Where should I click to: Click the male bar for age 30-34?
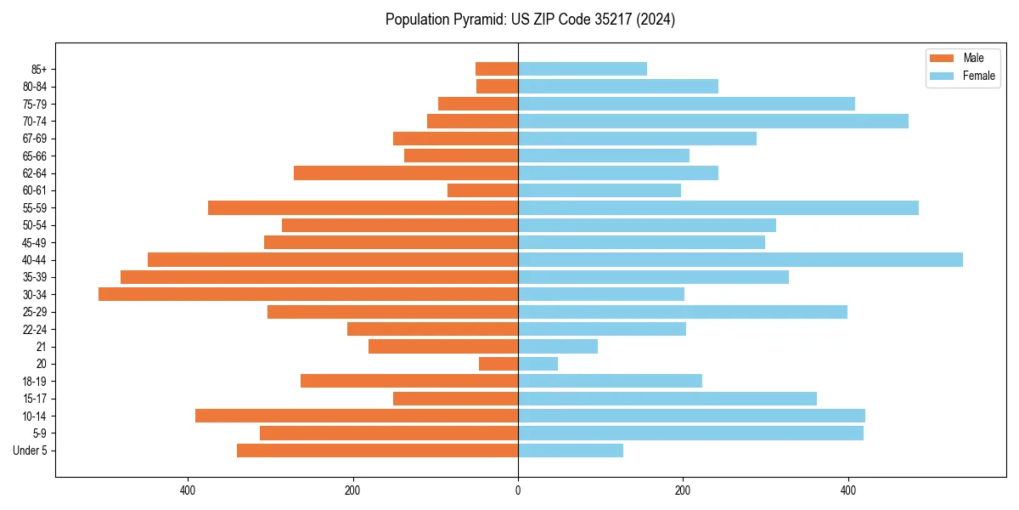click(x=308, y=294)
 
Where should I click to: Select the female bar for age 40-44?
click(x=740, y=259)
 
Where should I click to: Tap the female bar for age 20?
click(x=538, y=364)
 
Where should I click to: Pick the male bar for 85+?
click(x=497, y=69)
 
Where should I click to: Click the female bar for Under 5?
click(x=570, y=450)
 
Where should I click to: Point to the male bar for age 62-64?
click(x=406, y=173)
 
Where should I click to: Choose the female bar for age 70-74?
click(x=712, y=121)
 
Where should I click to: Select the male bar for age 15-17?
click(x=455, y=399)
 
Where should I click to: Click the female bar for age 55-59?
click(x=718, y=207)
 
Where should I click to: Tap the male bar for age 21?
click(x=443, y=346)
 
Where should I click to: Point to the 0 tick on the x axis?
click(x=518, y=490)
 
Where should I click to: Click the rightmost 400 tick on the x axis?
click(x=847, y=490)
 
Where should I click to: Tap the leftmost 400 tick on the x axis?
click(x=189, y=490)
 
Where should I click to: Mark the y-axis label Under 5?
click(x=30, y=450)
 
